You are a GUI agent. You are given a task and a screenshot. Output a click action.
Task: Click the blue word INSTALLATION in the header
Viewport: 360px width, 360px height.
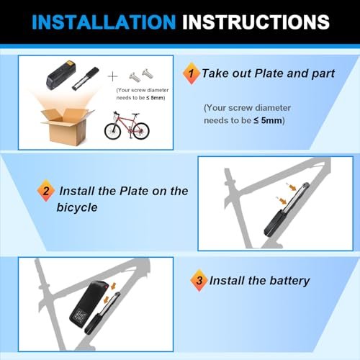click(104, 22)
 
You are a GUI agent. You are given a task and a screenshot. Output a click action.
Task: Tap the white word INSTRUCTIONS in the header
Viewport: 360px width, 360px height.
click(256, 22)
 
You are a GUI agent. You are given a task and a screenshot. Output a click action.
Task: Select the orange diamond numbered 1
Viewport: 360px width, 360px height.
click(191, 73)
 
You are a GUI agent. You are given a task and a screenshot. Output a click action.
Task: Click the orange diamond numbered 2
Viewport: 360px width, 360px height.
click(46, 191)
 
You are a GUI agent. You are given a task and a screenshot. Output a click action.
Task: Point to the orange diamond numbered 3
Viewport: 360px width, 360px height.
click(199, 280)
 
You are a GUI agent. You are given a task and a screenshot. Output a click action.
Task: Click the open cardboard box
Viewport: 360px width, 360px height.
click(67, 127)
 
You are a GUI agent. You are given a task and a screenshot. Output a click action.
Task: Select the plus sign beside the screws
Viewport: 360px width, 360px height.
click(112, 76)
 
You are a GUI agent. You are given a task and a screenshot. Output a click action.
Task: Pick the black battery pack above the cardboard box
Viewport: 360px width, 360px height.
click(61, 75)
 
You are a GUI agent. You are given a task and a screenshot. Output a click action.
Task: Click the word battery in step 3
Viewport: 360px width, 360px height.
click(289, 281)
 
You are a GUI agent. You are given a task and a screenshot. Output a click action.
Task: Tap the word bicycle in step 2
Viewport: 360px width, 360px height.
click(77, 207)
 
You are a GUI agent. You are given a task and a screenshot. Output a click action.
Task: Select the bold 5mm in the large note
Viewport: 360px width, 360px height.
click(271, 120)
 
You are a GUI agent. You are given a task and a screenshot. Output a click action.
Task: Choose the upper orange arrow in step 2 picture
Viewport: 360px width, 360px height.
click(292, 186)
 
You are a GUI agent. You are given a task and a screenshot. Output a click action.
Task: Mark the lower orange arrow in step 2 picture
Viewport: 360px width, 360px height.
click(282, 200)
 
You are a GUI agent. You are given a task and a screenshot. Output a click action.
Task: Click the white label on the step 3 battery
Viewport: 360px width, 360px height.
click(81, 315)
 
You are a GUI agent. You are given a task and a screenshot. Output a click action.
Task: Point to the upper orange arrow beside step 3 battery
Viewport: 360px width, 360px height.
click(113, 287)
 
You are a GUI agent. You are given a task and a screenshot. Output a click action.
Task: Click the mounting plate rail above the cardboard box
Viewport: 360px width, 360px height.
click(86, 78)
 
